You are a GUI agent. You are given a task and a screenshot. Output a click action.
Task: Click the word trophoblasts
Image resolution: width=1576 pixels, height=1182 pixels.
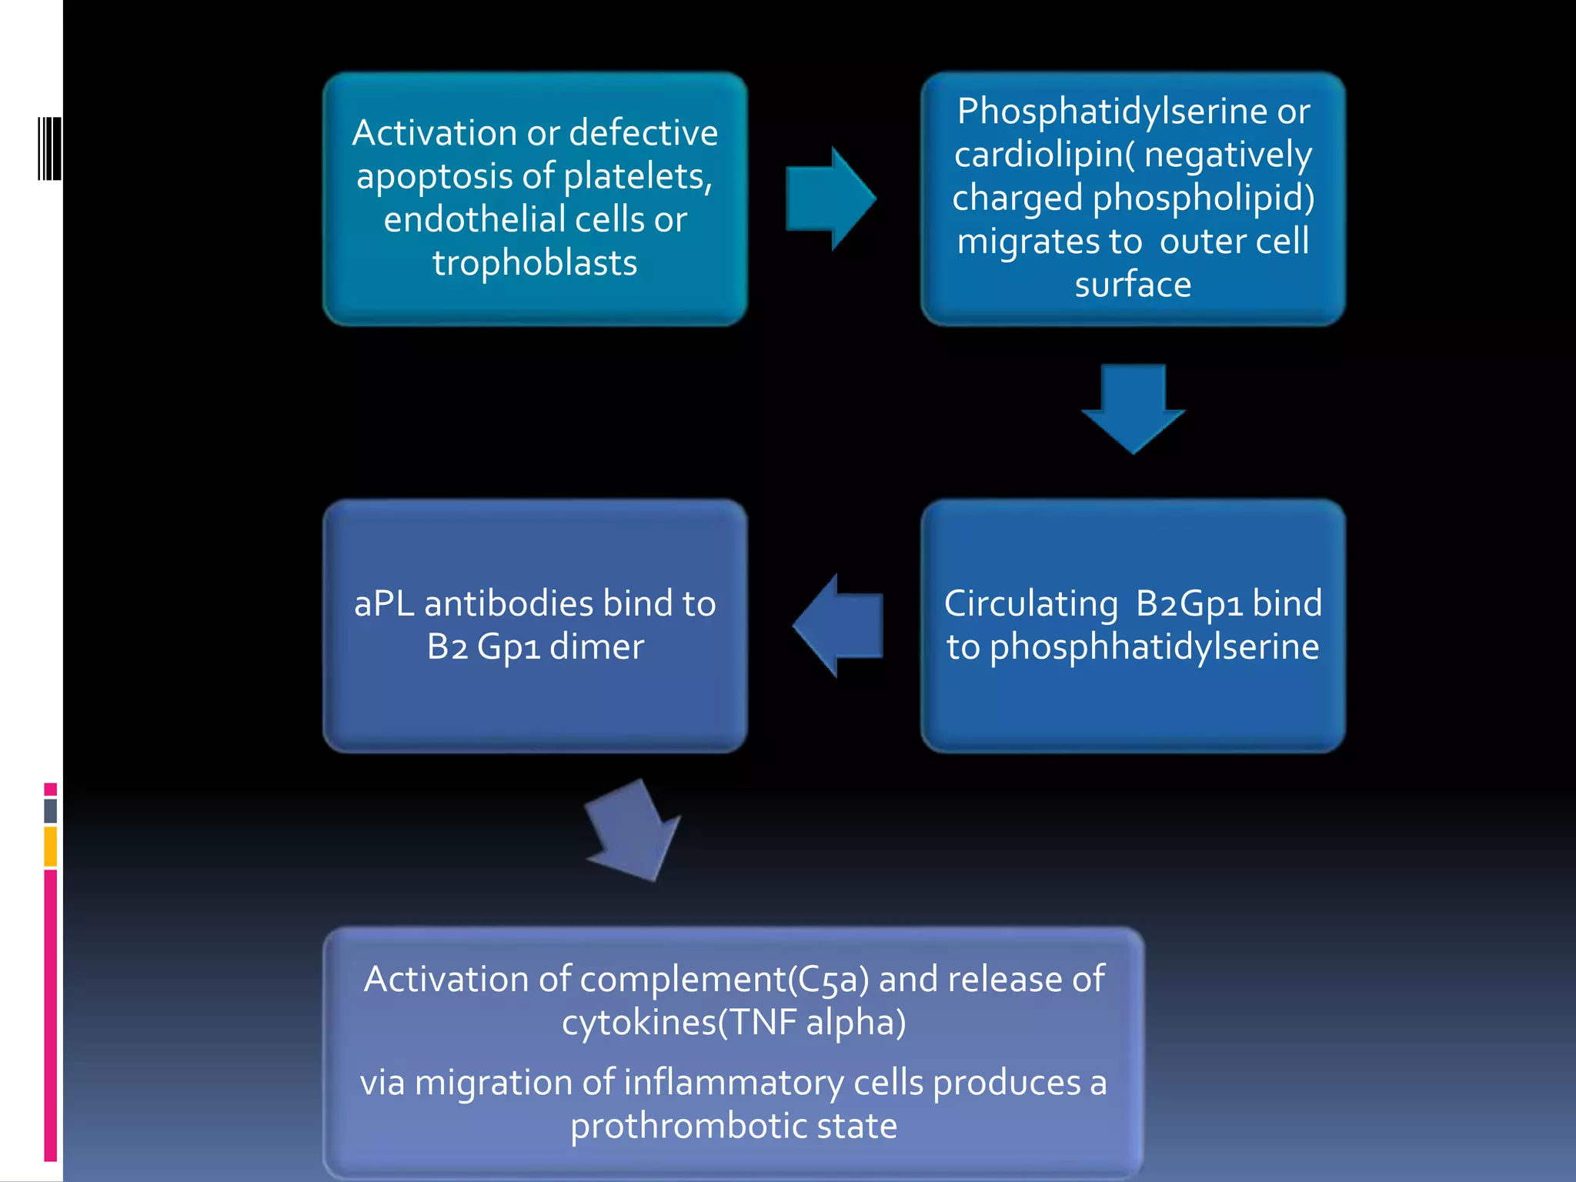(x=535, y=263)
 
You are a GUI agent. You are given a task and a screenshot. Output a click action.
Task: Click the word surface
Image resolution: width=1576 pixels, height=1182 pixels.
(x=1133, y=285)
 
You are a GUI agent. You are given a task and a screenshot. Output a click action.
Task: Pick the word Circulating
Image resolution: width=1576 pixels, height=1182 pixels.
(x=1030, y=604)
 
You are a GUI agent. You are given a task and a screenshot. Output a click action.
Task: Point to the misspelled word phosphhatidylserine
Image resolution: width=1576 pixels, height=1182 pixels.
(x=1154, y=647)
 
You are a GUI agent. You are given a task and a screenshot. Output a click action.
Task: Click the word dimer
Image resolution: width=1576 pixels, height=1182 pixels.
(x=596, y=647)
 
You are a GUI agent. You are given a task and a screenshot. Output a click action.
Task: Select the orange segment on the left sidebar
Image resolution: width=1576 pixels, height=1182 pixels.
(x=51, y=846)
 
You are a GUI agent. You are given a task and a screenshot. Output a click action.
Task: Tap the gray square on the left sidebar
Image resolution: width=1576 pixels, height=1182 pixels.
(x=51, y=810)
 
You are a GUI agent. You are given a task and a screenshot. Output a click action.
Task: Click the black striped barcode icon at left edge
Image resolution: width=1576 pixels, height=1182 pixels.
(x=49, y=149)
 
